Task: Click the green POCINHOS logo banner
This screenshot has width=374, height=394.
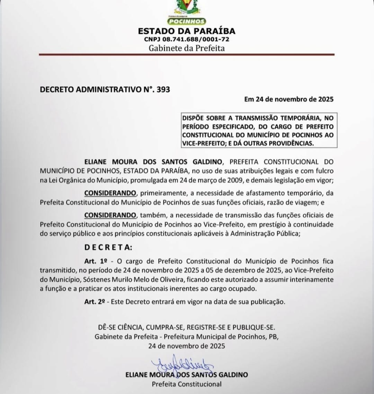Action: (186, 21)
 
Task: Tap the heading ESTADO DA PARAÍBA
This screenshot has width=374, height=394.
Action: (187, 31)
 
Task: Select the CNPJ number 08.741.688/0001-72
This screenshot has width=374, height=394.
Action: (199, 39)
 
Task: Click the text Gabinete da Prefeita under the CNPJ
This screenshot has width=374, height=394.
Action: (187, 48)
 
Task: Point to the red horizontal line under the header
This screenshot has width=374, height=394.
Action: (187, 54)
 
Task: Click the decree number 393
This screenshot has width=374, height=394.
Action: (163, 89)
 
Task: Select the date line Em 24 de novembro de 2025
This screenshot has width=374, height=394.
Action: (289, 99)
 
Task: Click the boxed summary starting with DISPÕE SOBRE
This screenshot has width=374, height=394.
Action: (258, 131)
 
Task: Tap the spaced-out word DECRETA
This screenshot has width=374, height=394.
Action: (108, 248)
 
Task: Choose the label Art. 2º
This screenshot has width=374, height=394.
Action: (95, 302)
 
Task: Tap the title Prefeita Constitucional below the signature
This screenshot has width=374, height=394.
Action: (187, 384)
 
